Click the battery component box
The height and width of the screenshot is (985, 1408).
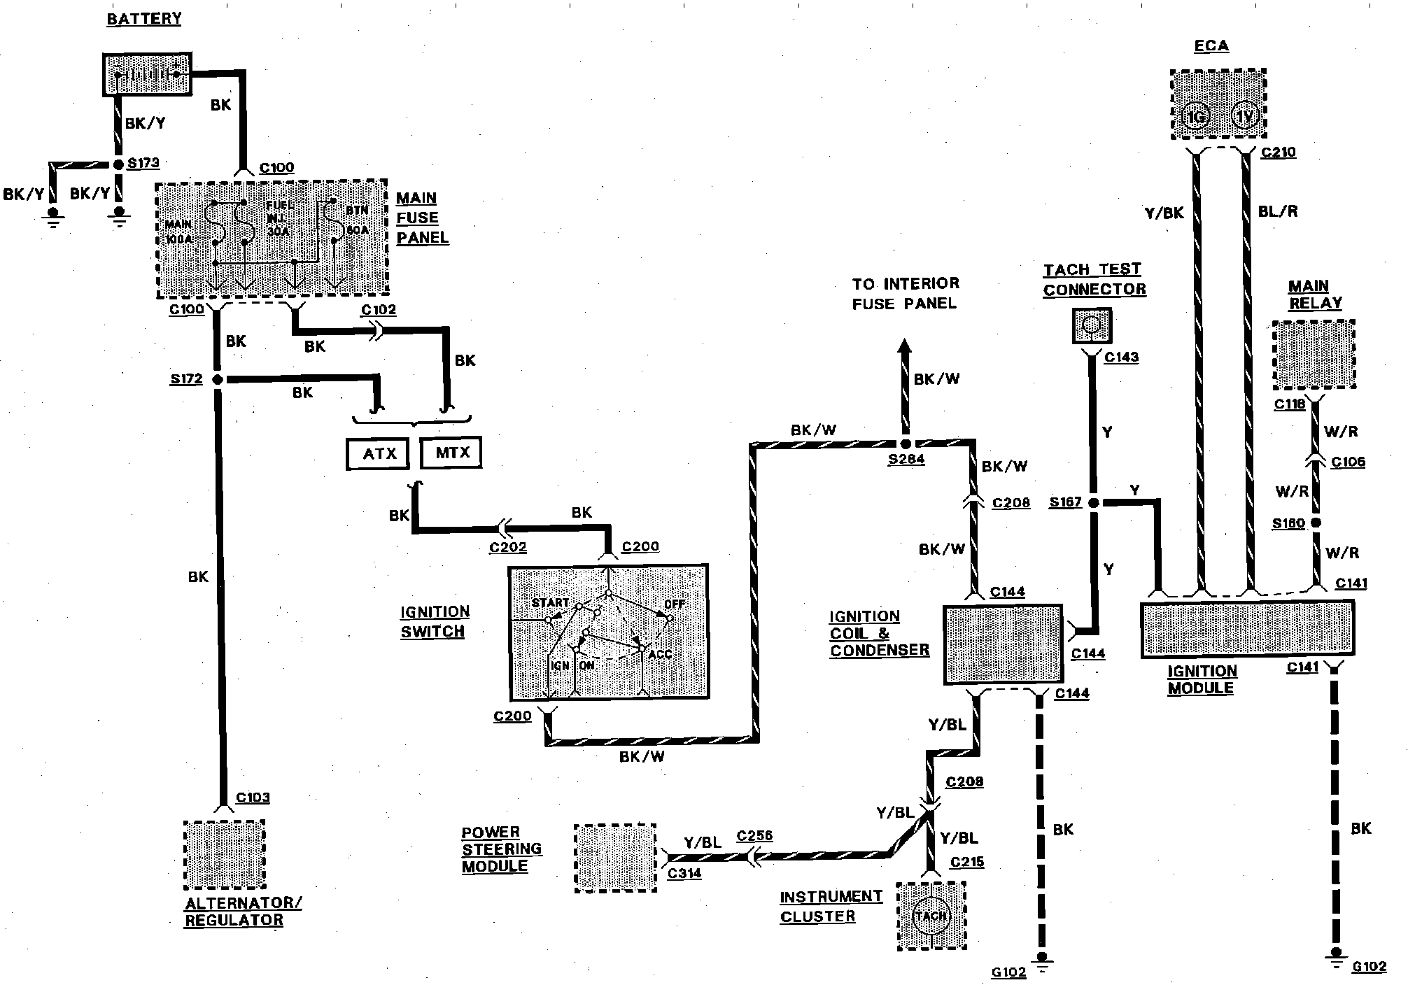click(147, 73)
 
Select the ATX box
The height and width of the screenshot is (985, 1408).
click(379, 453)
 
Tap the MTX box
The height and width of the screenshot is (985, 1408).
click(451, 453)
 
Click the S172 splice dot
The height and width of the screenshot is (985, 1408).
click(218, 379)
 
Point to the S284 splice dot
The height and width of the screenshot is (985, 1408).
click(906, 444)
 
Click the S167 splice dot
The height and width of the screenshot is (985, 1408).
click(1094, 502)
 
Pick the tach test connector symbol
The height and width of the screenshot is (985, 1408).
click(1092, 326)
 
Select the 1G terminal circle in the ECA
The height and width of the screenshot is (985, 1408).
click(1196, 117)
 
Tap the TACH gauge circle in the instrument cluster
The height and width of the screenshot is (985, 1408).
click(931, 915)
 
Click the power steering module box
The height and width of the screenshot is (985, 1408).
click(615, 858)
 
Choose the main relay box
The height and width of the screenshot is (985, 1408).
click(1314, 355)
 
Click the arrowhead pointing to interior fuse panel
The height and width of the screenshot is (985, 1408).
click(905, 346)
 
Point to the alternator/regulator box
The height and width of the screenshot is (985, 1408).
click(225, 854)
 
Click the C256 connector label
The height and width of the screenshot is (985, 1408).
click(754, 836)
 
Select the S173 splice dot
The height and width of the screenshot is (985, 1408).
click(118, 165)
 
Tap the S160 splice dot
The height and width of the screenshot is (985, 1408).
click(1316, 523)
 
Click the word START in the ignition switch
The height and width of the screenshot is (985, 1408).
click(550, 603)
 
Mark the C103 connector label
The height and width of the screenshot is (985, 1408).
click(253, 798)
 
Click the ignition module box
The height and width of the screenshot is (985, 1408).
click(1247, 629)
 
